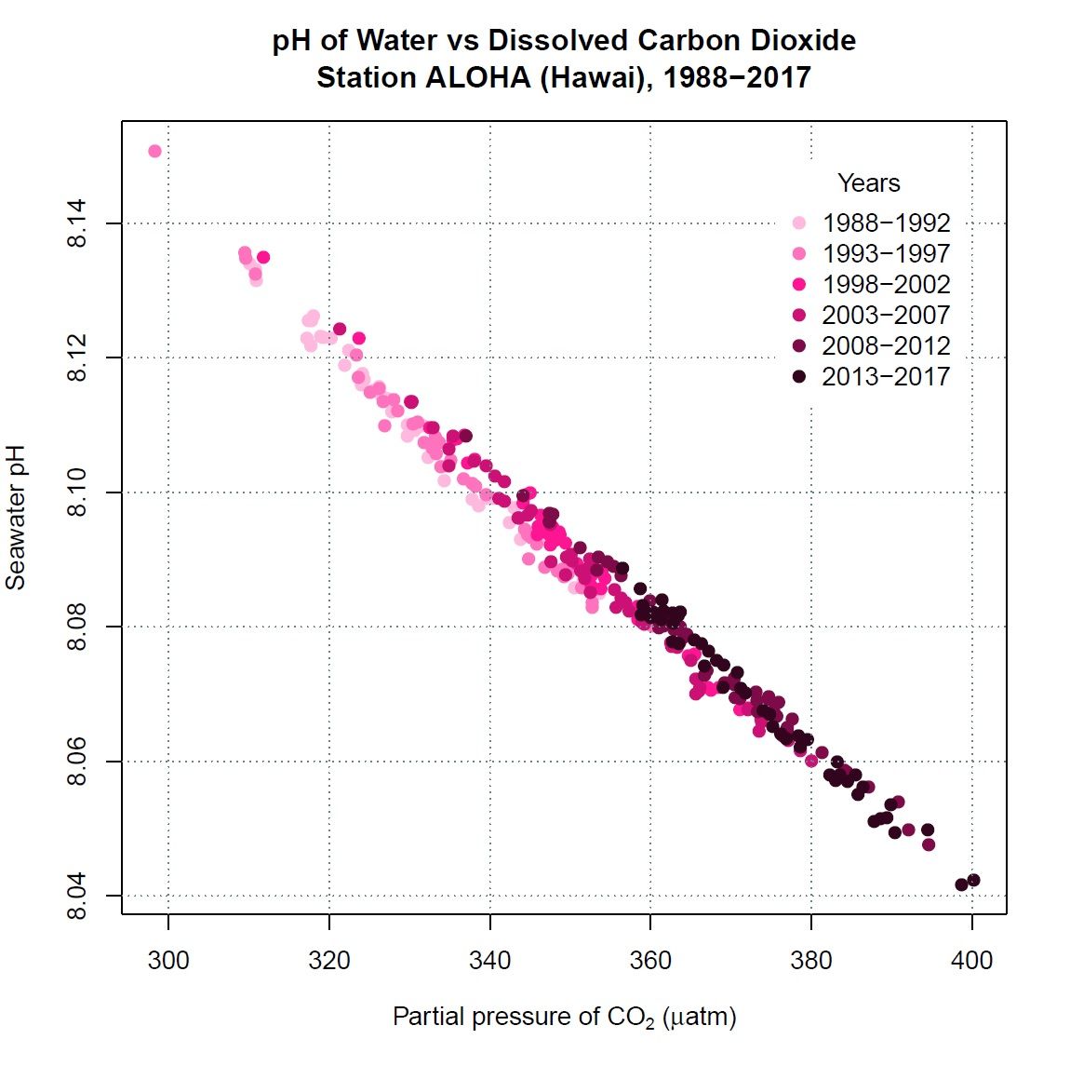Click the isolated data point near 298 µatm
coord(154,151)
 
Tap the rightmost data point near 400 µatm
coord(973,880)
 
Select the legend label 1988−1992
coord(886,223)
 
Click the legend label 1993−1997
coord(886,254)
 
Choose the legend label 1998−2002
coord(886,285)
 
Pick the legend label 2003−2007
coord(886,316)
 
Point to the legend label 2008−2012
coord(886,346)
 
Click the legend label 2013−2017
coord(886,377)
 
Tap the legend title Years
coord(868,183)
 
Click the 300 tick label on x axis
coord(168,961)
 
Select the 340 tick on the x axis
coord(489,961)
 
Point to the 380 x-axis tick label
coord(811,961)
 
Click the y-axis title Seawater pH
coord(16,518)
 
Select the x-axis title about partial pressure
coord(564,1017)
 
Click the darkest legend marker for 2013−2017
coord(799,377)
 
